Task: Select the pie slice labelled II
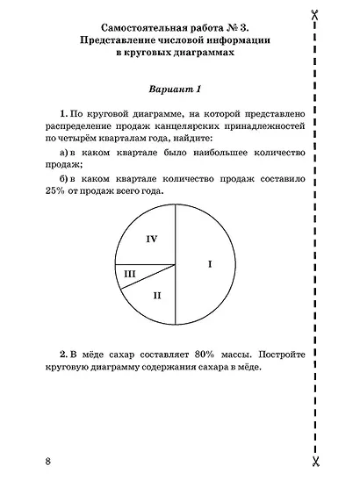[156, 294]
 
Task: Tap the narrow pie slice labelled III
[132, 274]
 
